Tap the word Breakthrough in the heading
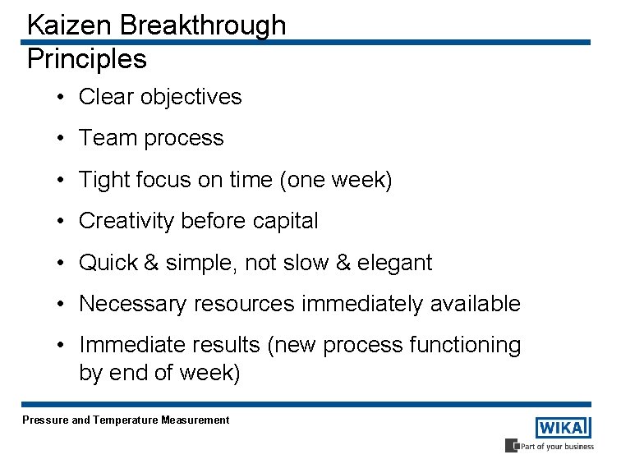click(203, 25)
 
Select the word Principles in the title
click(86, 59)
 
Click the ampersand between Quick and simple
click(151, 263)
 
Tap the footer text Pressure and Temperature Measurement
click(126, 420)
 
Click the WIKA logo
click(563, 428)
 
